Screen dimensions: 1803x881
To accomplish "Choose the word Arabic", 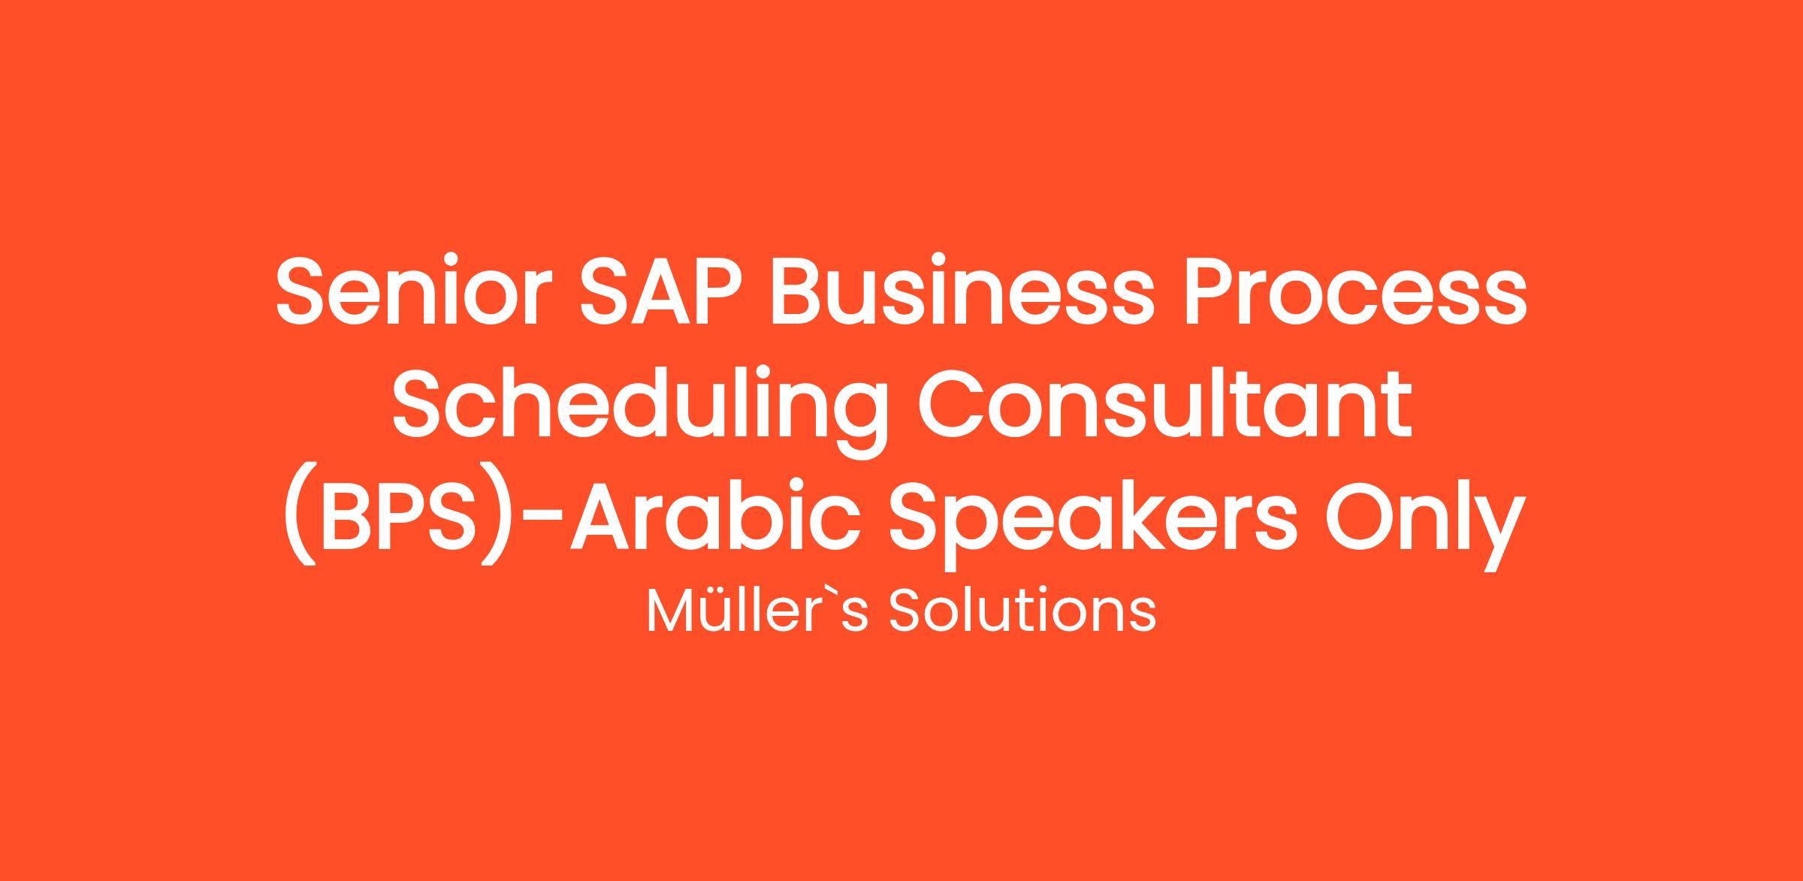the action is click(713, 518).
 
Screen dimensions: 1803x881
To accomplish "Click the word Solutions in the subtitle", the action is click(1022, 611).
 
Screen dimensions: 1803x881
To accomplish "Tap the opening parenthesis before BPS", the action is click(298, 523).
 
